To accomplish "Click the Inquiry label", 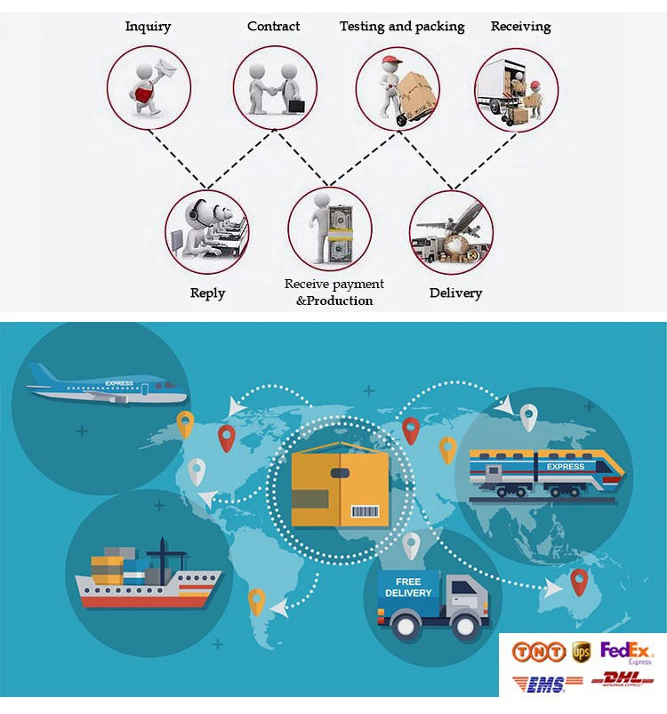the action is tap(148, 26).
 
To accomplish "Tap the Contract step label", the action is tap(273, 26).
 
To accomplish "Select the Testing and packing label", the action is tap(402, 27).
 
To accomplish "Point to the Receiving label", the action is tap(520, 26).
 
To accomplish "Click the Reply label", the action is tap(207, 293).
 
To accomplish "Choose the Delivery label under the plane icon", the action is tap(455, 293).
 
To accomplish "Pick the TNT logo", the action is tap(538, 653).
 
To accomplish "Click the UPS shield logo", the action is tap(582, 652).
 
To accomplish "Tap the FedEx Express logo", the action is tap(627, 652).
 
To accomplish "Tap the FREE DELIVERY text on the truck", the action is tap(408, 588).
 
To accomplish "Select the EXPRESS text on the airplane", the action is tap(118, 383).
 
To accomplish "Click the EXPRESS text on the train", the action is tap(566, 466).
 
